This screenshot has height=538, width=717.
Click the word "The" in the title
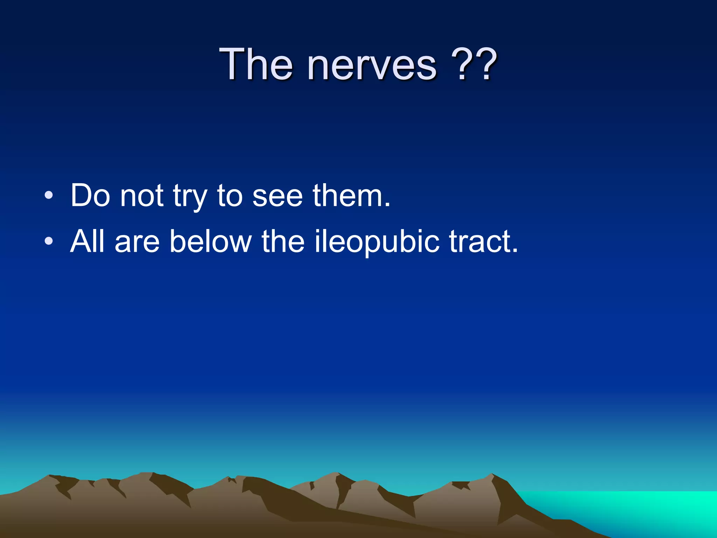coord(256,64)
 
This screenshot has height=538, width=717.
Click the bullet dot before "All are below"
coord(49,241)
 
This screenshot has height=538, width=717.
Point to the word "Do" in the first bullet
coord(90,195)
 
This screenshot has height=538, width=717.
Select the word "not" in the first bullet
coord(141,196)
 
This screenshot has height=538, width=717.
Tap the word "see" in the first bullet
coord(277,198)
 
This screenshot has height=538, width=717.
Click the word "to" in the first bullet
coord(230,197)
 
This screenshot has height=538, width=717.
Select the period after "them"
coord(387,205)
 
